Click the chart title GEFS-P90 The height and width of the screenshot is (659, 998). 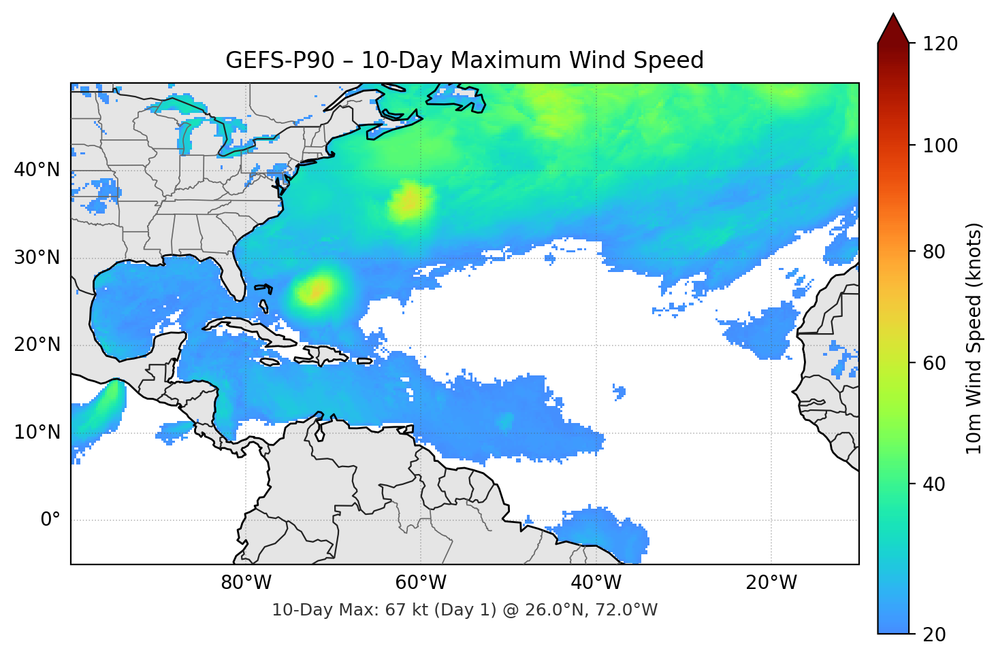[x=280, y=61]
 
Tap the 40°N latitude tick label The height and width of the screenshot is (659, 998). [x=37, y=170]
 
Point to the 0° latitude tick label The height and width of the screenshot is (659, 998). [x=50, y=520]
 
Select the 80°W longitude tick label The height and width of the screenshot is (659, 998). [x=246, y=583]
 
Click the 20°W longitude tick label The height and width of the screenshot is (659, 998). [x=771, y=583]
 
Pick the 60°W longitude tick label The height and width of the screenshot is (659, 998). [x=421, y=583]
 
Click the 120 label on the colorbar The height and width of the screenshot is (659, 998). [x=940, y=44]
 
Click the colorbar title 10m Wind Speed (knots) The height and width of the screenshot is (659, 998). [x=974, y=338]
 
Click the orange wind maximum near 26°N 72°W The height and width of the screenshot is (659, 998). [x=315, y=291]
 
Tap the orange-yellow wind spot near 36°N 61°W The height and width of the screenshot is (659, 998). [x=408, y=202]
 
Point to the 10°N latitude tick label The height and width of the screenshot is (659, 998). [x=37, y=433]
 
